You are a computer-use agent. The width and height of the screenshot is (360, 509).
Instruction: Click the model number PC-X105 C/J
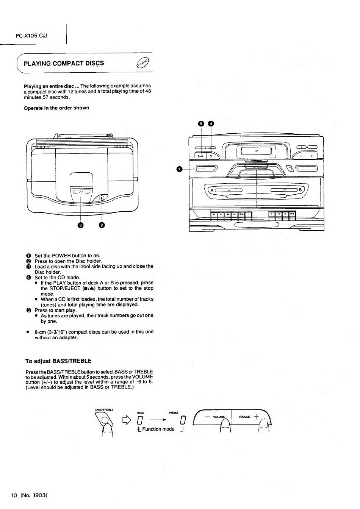31,36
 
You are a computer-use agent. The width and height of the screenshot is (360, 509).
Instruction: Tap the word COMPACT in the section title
68,63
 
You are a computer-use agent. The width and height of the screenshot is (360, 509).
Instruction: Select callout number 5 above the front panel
201,123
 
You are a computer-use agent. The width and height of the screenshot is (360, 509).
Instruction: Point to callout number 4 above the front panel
211,123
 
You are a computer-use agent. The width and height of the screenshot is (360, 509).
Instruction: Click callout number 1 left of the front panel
179,169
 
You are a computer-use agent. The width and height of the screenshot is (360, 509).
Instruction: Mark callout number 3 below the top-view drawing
80,226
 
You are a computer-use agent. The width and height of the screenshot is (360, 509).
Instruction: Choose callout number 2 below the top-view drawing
102,226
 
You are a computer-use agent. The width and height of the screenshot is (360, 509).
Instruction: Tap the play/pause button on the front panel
200,156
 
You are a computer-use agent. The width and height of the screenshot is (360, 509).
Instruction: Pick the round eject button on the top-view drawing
101,198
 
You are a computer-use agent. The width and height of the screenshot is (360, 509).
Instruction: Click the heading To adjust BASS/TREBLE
58,361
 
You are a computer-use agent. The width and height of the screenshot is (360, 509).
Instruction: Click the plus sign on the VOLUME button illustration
256,417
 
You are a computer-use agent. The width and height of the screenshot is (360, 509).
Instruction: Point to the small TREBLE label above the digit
173,413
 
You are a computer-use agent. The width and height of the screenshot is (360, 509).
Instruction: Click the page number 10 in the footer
14,495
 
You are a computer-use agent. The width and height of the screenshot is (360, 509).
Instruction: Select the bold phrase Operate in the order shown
56,108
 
